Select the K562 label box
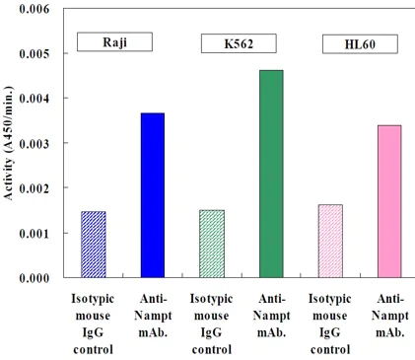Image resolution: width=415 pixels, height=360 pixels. [238, 44]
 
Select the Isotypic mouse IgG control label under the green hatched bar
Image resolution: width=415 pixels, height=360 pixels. [211, 322]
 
